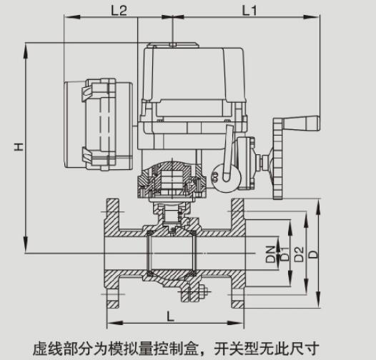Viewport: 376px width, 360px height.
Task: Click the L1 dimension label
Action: pyautogui.click(x=249, y=11)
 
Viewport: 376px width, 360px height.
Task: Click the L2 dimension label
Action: pyautogui.click(x=119, y=11)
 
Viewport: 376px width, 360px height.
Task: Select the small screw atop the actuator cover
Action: pyautogui.click(x=174, y=45)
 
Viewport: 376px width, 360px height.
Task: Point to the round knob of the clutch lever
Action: pyautogui.click(x=219, y=173)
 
